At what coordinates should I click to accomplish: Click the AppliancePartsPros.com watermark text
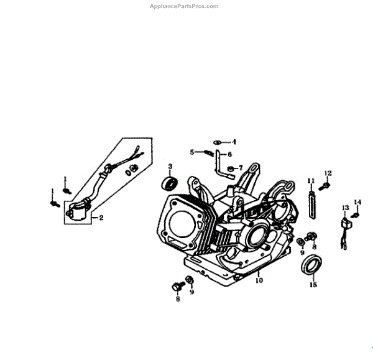185,6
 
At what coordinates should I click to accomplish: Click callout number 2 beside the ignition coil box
101,218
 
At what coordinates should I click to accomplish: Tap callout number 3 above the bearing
169,167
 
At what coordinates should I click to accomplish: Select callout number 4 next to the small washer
234,142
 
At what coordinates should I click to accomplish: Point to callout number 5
193,151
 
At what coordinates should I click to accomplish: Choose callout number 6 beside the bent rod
229,154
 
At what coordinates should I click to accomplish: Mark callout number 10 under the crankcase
259,280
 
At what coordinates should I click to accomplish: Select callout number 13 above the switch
345,207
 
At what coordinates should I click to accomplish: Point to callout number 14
357,201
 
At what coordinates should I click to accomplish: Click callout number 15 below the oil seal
313,285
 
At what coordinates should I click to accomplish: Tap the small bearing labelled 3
168,183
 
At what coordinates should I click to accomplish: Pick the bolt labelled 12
326,184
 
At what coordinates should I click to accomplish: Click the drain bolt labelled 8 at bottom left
175,288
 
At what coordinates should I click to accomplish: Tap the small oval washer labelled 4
218,142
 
